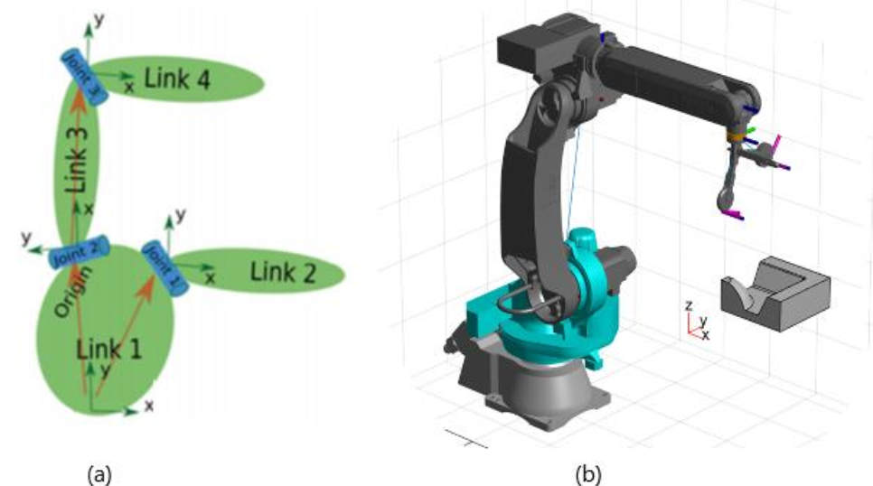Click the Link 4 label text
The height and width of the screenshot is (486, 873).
pos(177,79)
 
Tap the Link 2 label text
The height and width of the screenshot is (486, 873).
pos(283,272)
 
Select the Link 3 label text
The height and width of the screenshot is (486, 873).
pos(77,160)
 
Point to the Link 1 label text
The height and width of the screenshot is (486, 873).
pos(108,349)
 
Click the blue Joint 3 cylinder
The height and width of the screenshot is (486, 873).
pos(83,76)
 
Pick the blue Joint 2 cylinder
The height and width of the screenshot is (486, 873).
pos(79,253)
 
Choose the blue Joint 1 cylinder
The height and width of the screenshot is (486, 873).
pos(164,268)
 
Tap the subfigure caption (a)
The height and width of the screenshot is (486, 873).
pos(99,475)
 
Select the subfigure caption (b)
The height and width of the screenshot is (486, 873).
pos(588,475)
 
